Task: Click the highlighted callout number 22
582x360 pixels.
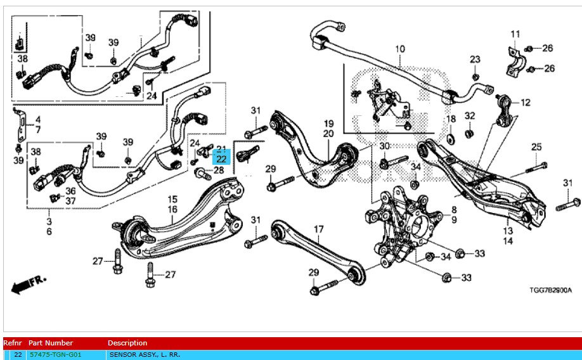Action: pyautogui.click(x=221, y=159)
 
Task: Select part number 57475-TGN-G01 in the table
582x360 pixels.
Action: pyautogui.click(x=55, y=355)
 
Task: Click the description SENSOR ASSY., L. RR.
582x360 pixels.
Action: pyautogui.click(x=145, y=355)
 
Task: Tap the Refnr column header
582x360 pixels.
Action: pyautogui.click(x=13, y=343)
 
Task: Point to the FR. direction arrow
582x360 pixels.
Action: pyautogui.click(x=29, y=283)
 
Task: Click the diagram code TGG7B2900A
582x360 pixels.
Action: pyautogui.click(x=550, y=290)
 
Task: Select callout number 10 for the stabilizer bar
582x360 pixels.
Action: pyautogui.click(x=400, y=49)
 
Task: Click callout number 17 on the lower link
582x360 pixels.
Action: pyautogui.click(x=318, y=229)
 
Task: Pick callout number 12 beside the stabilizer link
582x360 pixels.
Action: pyautogui.click(x=525, y=103)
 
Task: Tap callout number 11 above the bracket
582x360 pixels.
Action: pyautogui.click(x=515, y=34)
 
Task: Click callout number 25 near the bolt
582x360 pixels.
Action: pyautogui.click(x=536, y=147)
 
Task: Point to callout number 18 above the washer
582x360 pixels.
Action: pyautogui.click(x=451, y=119)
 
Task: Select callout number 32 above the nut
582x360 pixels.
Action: pyautogui.click(x=470, y=116)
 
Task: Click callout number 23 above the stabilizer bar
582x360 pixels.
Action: pyautogui.click(x=475, y=60)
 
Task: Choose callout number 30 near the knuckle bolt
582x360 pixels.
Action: pyautogui.click(x=385, y=146)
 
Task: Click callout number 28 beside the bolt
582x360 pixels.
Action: pyautogui.click(x=219, y=170)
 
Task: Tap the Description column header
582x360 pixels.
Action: pyautogui.click(x=127, y=343)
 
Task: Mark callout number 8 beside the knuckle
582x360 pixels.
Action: pyautogui.click(x=454, y=210)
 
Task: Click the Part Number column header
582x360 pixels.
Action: pyautogui.click(x=51, y=343)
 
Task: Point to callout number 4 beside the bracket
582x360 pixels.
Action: pyautogui.click(x=38, y=120)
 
